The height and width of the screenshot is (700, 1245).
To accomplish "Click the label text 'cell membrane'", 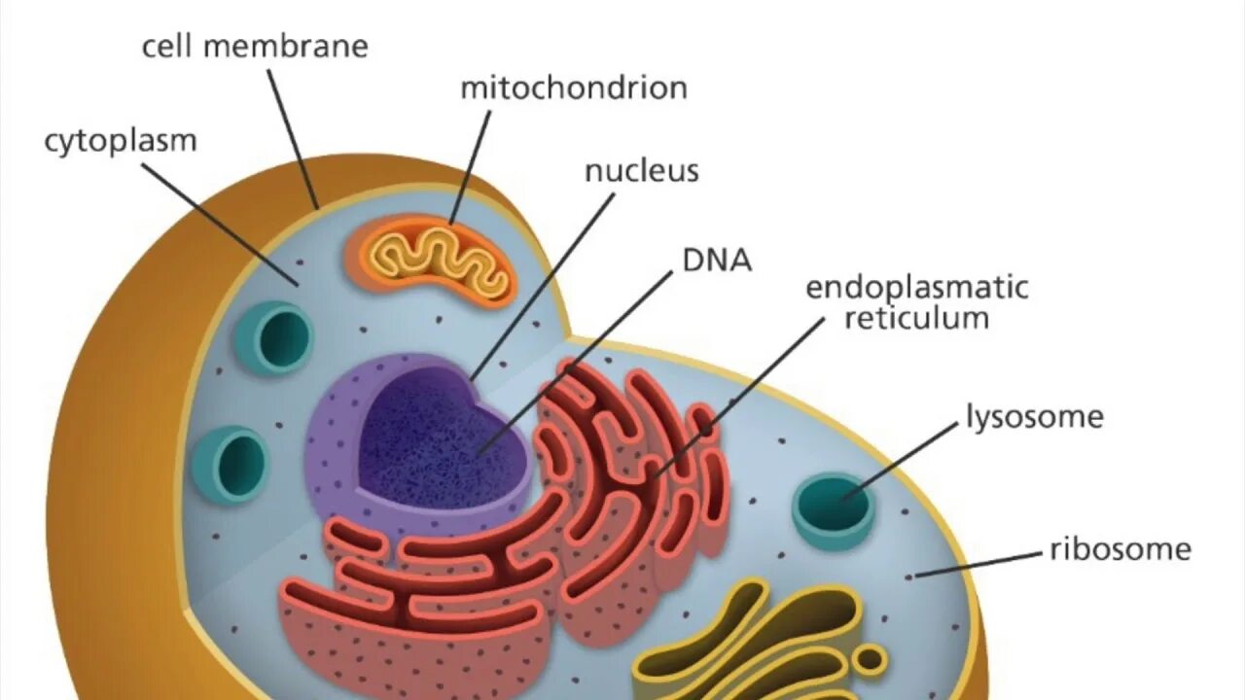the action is click(255, 46).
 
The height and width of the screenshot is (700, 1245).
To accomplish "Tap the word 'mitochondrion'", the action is click(574, 87).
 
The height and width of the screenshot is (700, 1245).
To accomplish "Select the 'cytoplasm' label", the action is click(121, 141).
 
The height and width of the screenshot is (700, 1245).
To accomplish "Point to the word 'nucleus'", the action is click(642, 171).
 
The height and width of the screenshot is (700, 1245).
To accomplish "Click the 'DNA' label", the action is click(717, 260).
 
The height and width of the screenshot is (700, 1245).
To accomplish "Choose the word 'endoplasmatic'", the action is click(917, 288).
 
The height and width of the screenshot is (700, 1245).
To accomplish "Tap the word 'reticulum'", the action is click(917, 318).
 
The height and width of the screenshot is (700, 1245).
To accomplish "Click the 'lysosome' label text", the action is click(1035, 417).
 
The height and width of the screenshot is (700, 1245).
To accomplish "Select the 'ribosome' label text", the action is click(1120, 549).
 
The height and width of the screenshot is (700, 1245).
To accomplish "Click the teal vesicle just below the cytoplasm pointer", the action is click(274, 337).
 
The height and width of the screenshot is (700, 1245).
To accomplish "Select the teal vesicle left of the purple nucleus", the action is click(230, 463).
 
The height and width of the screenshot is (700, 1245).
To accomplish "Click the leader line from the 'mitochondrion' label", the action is click(472, 165).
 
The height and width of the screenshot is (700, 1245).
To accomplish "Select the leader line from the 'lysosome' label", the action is click(901, 461).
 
